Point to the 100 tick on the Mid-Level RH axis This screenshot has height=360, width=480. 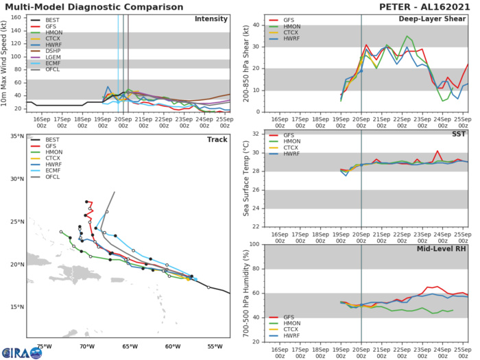254,244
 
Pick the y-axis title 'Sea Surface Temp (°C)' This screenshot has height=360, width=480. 245,179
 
